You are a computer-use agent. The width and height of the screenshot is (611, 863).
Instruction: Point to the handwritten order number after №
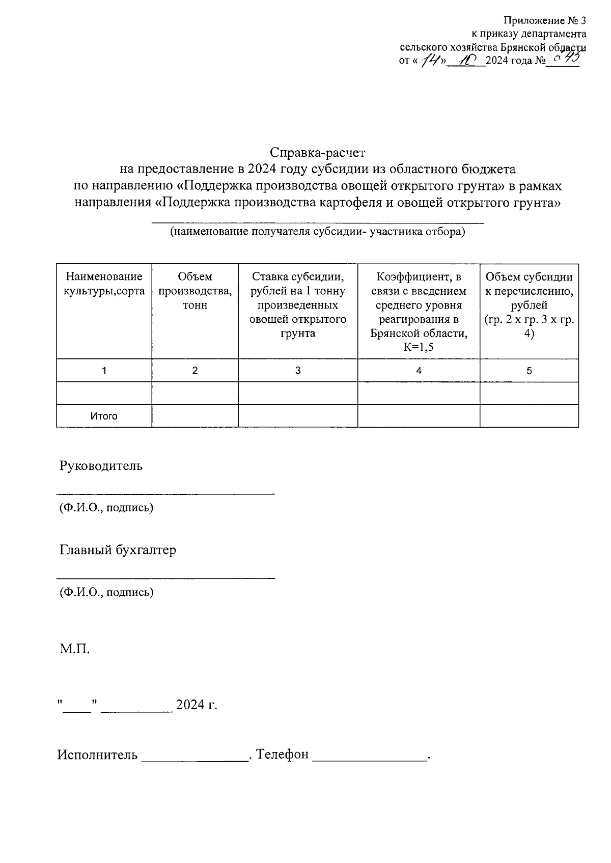click(x=565, y=60)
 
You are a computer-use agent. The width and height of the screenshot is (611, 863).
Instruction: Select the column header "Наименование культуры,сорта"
click(x=104, y=284)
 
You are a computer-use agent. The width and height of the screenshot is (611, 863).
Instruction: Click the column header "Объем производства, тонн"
click(x=195, y=291)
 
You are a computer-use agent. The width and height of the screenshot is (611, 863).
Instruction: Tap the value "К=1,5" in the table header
click(x=419, y=347)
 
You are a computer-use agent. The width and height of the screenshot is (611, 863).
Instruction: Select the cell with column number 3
click(x=298, y=371)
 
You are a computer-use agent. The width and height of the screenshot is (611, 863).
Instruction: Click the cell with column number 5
click(x=529, y=371)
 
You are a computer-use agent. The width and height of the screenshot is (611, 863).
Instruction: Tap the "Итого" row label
click(x=104, y=416)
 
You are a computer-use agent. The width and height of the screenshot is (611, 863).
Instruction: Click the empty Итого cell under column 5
click(x=529, y=416)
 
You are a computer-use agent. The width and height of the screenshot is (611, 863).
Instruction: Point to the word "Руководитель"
click(x=101, y=466)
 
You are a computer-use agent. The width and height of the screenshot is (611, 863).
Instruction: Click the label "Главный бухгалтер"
click(x=118, y=550)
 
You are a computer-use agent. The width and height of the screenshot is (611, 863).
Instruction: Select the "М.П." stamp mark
click(x=75, y=649)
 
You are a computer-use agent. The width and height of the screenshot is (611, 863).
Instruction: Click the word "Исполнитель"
click(x=97, y=755)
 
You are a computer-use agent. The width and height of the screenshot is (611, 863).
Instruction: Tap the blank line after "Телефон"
click(x=370, y=757)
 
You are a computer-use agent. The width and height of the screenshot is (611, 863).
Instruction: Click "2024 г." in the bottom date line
click(x=197, y=705)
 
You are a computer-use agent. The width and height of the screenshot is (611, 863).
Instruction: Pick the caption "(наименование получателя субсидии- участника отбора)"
click(x=318, y=233)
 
